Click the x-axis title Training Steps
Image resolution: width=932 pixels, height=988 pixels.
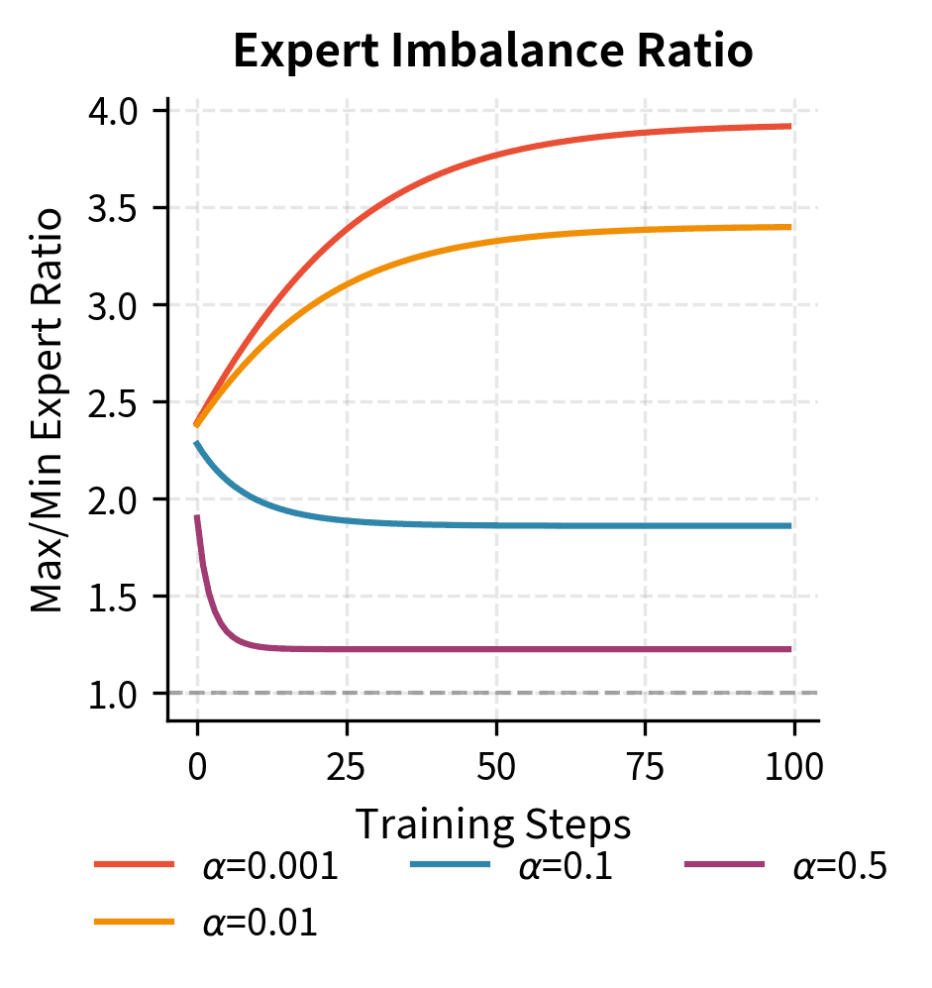pos(492,823)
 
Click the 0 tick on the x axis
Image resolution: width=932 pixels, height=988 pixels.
pos(197,765)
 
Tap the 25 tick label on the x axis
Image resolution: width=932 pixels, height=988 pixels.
pos(347,765)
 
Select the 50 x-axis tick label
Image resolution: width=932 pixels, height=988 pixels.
pos(495,765)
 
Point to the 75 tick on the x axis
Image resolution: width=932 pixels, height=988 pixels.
pos(645,765)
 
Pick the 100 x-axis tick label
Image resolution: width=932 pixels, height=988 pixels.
pos(793,765)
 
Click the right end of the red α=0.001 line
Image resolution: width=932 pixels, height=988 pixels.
pos(789,126)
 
